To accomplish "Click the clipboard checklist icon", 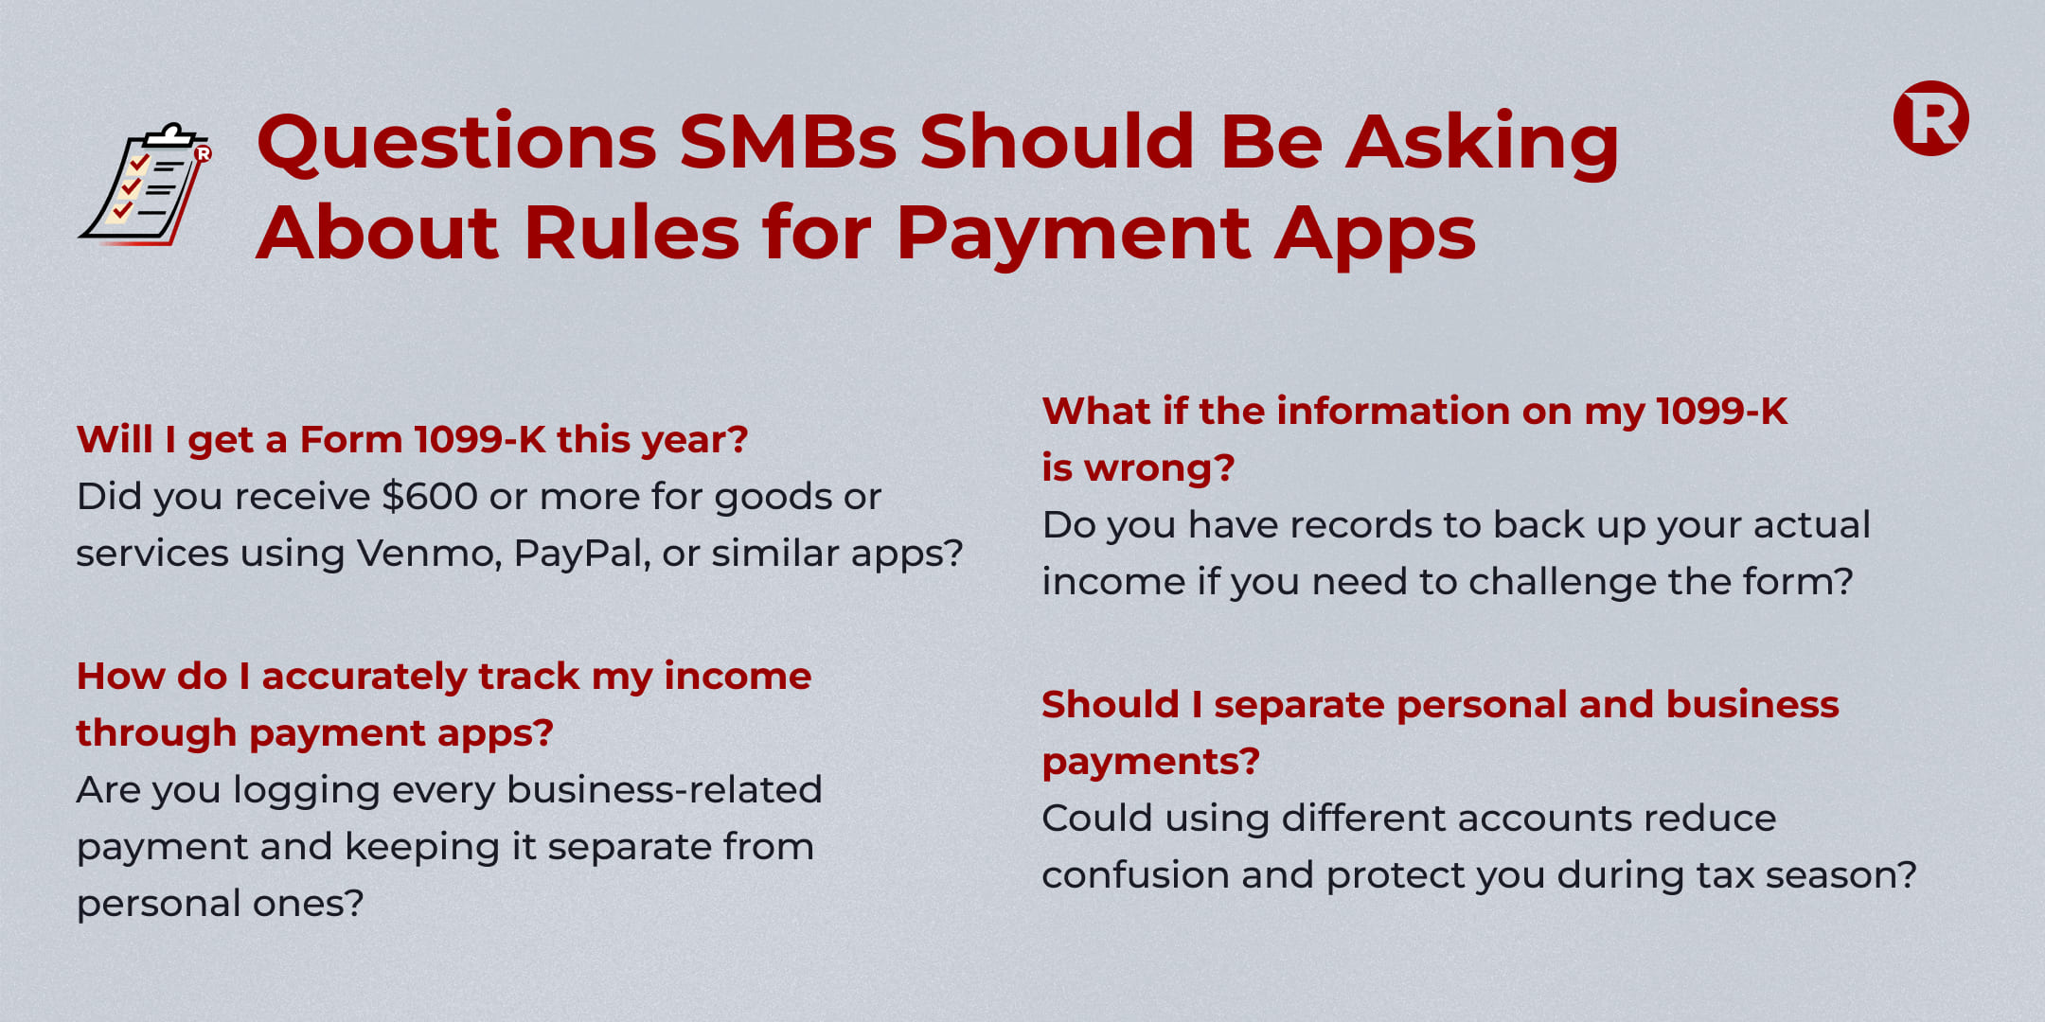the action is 146,185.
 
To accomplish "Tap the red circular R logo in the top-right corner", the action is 1931,118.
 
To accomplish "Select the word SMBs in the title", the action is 788,142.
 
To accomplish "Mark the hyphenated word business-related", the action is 665,790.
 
